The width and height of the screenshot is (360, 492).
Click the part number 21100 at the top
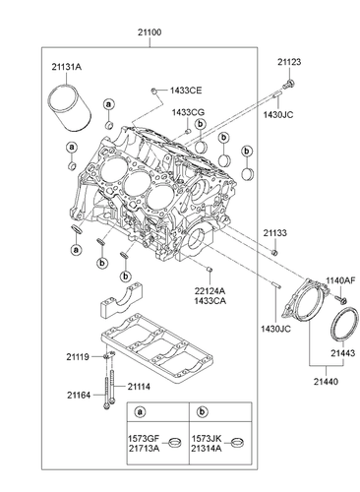point(179,31)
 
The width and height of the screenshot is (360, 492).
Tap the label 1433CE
point(187,90)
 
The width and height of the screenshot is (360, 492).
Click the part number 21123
point(288,62)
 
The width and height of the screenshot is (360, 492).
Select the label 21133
point(275,232)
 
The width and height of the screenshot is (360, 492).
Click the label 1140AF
point(340,280)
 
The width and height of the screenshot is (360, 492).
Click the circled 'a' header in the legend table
point(141,412)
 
